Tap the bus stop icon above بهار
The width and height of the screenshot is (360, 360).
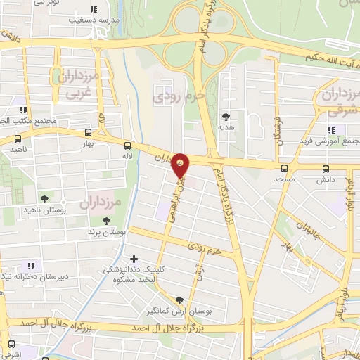88,132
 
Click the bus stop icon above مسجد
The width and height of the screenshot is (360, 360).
284,169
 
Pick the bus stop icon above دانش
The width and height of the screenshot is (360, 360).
325,169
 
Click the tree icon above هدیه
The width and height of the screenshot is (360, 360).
226,117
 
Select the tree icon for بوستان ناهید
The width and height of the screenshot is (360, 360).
45,200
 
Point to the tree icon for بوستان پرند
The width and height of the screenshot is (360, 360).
106,221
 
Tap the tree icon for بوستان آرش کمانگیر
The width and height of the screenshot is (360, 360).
180,300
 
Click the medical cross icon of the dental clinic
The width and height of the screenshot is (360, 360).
134,259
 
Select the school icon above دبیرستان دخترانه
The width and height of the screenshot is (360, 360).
31,266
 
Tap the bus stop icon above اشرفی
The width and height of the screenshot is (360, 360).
11,345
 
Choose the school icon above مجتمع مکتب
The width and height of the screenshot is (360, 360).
23,110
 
